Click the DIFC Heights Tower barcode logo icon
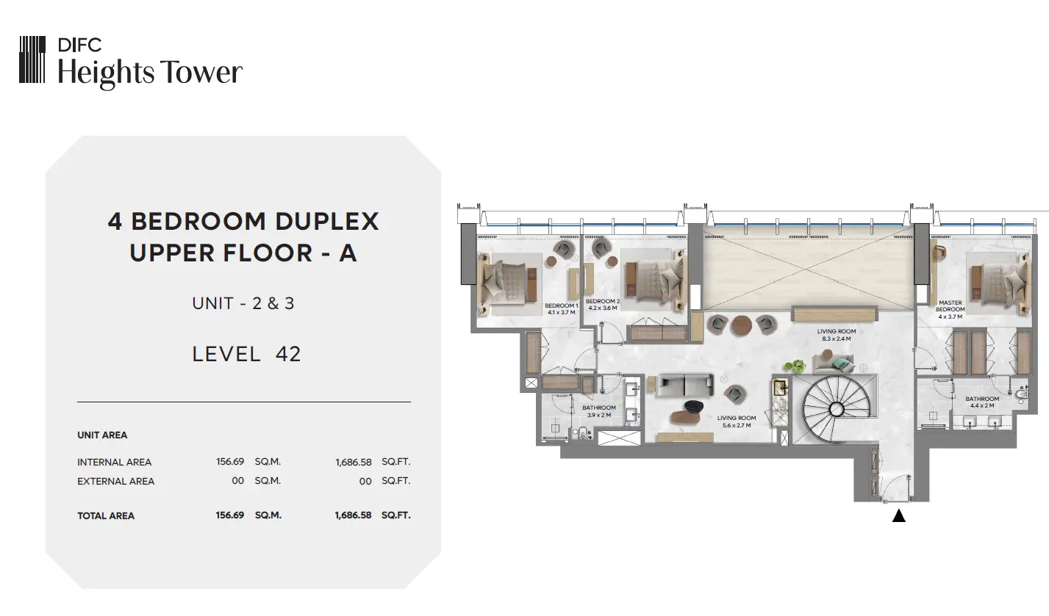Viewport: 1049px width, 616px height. pos(32,59)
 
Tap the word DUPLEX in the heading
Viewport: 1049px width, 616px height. pos(327,221)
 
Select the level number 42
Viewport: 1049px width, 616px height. pos(288,354)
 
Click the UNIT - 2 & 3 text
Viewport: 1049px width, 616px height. pos(243,303)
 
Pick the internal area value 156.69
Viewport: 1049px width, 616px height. pos(230,462)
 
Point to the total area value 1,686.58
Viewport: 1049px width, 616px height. pos(353,515)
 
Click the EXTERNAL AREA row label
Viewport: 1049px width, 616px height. pos(115,482)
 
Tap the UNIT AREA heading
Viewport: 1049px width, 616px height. pos(102,435)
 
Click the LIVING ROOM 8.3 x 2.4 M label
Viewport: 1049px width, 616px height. pos(837,335)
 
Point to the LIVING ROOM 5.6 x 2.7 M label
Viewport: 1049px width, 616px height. pos(737,421)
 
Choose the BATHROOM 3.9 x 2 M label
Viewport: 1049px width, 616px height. pos(599,411)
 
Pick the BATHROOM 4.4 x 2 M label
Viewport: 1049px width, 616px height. pos(982,402)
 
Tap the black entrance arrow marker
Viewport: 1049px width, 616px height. pos(899,516)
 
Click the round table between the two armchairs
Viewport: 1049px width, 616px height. pos(742,325)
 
